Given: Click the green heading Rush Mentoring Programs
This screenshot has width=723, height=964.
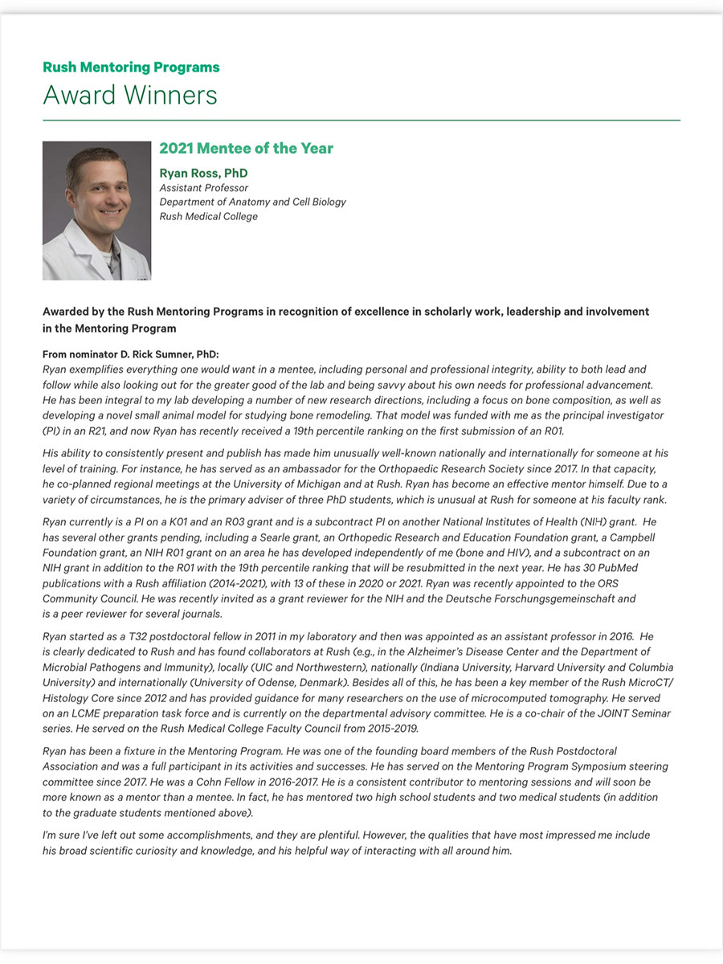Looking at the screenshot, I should point(131,67).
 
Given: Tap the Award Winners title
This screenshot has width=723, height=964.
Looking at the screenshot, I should point(130,96).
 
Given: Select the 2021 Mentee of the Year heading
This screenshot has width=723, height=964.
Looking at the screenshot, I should point(246,149).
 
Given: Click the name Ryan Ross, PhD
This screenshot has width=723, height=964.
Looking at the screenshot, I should point(203,174).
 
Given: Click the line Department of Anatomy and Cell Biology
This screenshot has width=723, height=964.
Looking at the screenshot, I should point(252,202).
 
